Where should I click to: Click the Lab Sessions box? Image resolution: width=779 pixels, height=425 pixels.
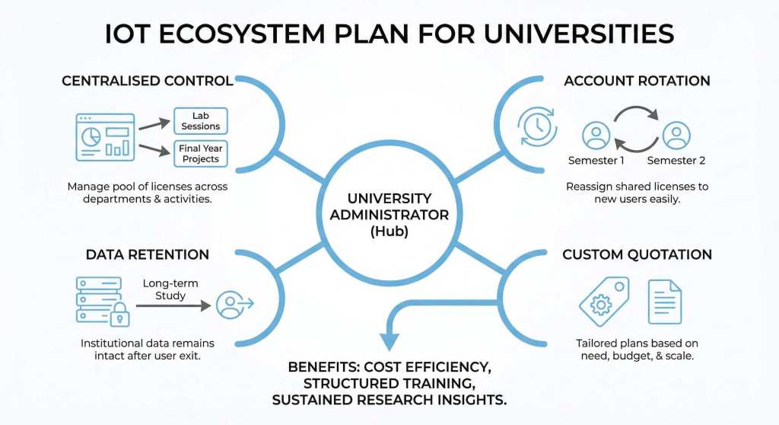(200, 121)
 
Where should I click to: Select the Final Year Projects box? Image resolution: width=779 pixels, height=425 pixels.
(200, 154)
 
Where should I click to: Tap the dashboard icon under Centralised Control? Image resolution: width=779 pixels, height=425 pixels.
(106, 136)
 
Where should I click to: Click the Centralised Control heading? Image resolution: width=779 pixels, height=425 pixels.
(147, 81)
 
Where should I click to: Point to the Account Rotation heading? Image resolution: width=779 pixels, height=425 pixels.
(637, 81)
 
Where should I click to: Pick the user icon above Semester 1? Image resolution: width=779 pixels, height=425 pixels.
(596, 136)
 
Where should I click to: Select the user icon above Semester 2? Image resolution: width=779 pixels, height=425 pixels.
(676, 136)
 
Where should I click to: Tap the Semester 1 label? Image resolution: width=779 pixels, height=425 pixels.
(596, 161)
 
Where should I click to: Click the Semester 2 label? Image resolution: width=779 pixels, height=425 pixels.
(676, 161)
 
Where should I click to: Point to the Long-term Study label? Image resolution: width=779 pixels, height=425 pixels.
(170, 289)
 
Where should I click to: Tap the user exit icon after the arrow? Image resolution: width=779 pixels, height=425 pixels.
(234, 305)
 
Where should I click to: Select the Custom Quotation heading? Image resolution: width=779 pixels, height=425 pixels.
(637, 254)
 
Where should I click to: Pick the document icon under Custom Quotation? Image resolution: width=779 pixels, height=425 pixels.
(665, 302)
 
